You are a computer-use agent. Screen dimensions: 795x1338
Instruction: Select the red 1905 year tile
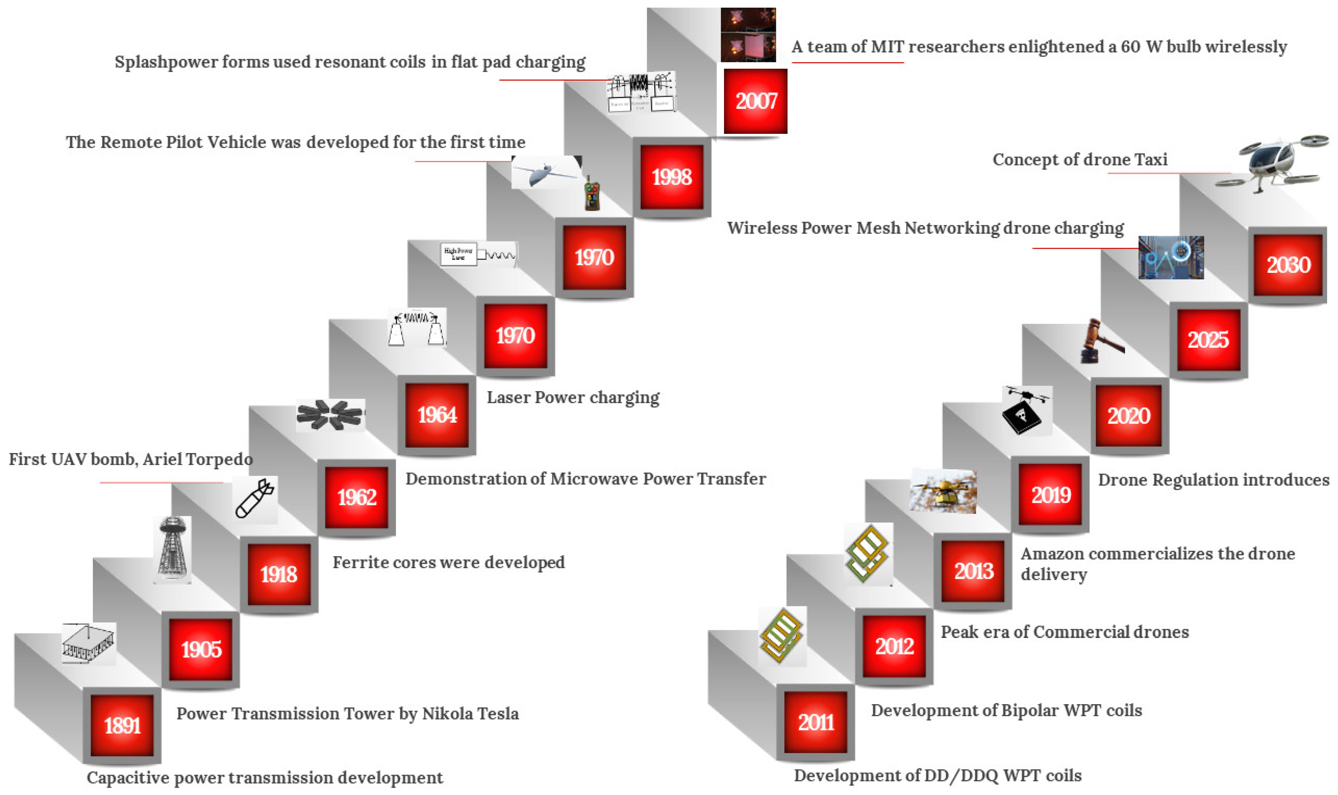click(x=201, y=649)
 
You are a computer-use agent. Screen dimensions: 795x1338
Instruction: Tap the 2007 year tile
click(x=756, y=101)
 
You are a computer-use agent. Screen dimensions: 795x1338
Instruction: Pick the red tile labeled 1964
click(x=437, y=415)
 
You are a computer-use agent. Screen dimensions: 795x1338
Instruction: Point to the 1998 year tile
click(x=672, y=177)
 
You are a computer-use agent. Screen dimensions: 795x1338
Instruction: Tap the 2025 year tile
click(x=1208, y=340)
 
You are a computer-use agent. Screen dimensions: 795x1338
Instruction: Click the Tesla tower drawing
click(x=172, y=549)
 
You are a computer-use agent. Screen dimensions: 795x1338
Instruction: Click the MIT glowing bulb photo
click(x=748, y=35)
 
